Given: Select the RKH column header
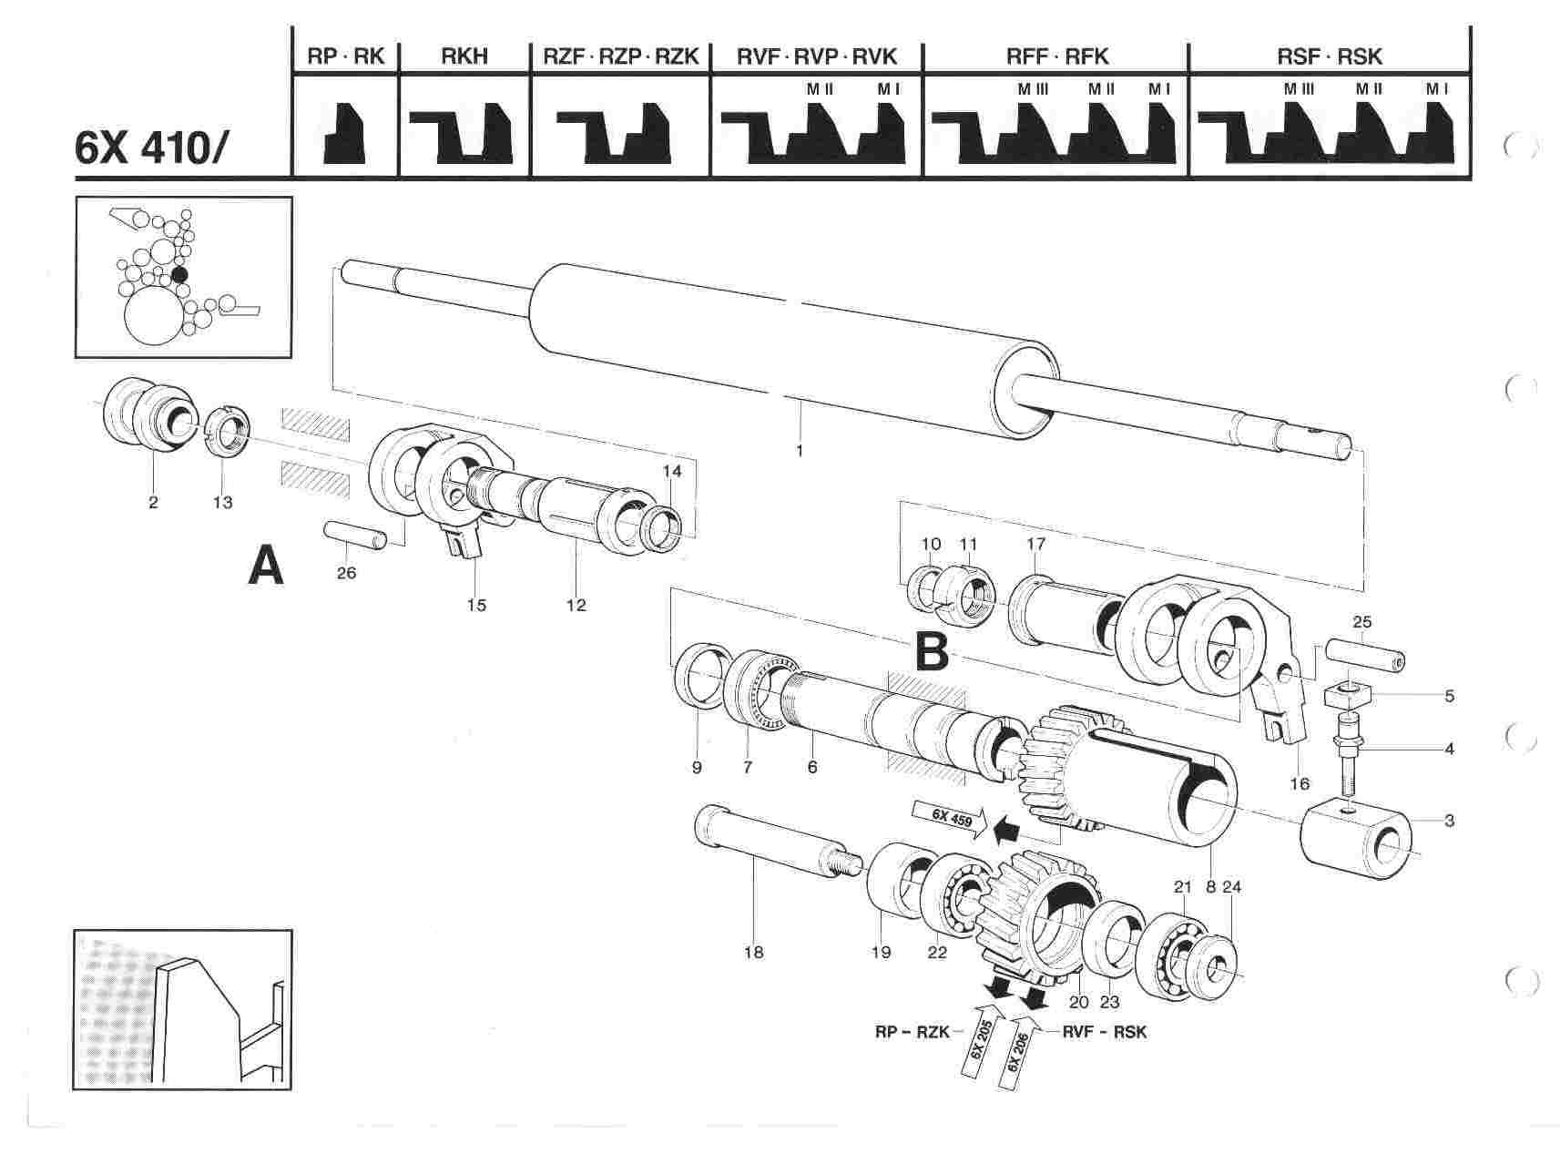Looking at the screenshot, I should [x=464, y=56].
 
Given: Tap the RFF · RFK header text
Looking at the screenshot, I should [x=1057, y=56].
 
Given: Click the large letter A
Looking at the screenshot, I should [x=266, y=567].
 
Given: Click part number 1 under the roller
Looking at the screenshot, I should [x=800, y=450].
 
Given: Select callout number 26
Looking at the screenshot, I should [x=346, y=573].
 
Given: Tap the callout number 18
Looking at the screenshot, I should [x=753, y=953].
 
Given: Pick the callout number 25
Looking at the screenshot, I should [x=1361, y=622].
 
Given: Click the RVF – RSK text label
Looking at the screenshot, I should [x=1105, y=1032].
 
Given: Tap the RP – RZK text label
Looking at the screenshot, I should [x=907, y=1032].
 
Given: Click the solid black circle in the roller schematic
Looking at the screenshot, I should [x=179, y=274].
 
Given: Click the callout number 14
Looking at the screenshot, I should [x=671, y=471].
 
